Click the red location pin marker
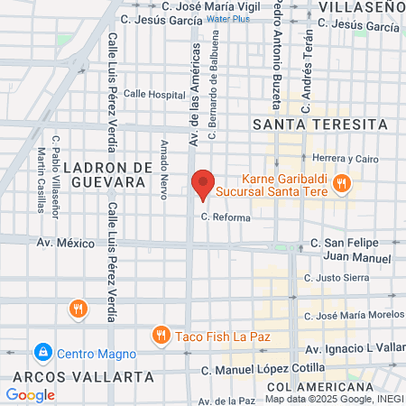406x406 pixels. tap(203, 184)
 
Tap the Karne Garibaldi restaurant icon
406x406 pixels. tap(341, 183)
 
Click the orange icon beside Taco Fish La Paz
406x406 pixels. tap(161, 336)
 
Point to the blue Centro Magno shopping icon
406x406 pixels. tap(42, 351)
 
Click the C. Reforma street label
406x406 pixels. tap(225, 217)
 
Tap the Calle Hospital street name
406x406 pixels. tap(153, 93)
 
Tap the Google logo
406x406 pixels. tap(31, 394)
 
